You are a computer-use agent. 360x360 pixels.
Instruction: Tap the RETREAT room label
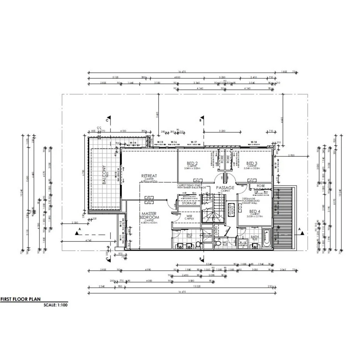click(x=149, y=176)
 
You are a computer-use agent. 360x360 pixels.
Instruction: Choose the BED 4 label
click(x=254, y=211)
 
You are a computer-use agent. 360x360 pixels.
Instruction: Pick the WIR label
click(x=189, y=216)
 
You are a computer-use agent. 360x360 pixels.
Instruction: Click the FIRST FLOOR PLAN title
click(x=20, y=299)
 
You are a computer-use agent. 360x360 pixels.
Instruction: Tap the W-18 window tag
click(x=254, y=142)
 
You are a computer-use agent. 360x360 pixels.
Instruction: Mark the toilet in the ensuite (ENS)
click(x=198, y=244)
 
